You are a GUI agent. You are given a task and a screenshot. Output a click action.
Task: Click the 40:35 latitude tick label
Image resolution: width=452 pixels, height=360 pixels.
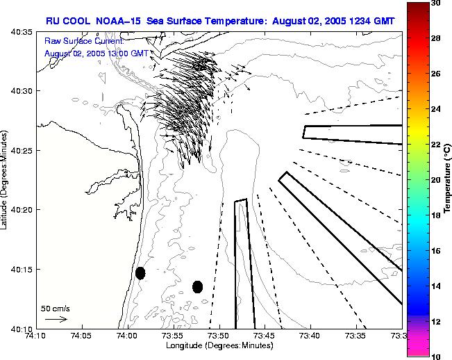tap(19, 32)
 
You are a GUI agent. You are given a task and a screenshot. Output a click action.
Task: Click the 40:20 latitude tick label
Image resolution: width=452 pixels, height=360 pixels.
tap(19, 210)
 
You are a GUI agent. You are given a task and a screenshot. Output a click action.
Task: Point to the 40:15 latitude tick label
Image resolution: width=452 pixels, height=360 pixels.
tap(19, 269)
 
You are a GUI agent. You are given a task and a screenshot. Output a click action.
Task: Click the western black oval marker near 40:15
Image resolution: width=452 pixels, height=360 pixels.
tap(140, 273)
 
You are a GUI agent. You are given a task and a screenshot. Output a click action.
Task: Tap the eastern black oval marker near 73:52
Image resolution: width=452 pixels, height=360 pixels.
tap(197, 286)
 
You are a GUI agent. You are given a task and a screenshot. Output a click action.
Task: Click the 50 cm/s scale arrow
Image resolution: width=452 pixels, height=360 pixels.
tap(56, 319)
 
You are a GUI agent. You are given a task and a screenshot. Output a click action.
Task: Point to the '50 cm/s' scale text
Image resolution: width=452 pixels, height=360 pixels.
tap(56, 308)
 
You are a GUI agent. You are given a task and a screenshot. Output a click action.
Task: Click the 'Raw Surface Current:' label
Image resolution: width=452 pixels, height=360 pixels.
tap(83, 42)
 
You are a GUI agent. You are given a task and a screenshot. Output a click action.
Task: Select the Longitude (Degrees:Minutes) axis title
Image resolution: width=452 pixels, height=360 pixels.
tap(219, 346)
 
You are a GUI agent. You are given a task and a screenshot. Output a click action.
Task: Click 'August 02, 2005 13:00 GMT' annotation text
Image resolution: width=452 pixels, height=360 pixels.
tap(96, 53)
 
